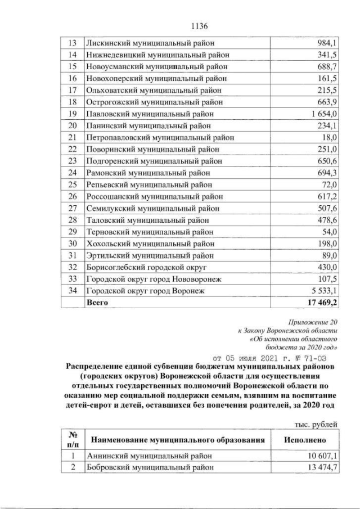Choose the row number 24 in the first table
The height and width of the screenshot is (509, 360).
pos(72,173)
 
